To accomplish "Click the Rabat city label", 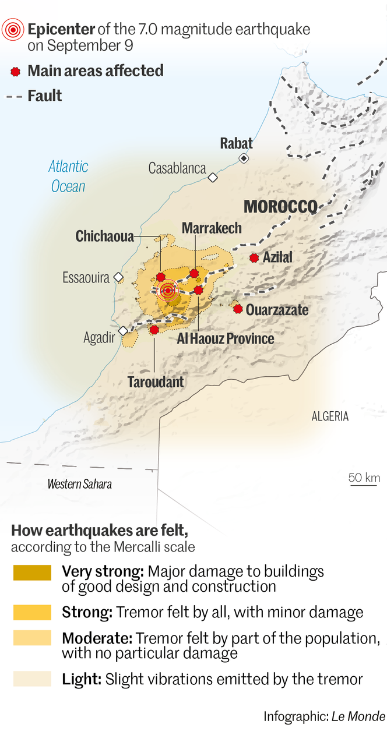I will pos(236,143).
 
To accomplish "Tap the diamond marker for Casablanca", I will pos(213,177).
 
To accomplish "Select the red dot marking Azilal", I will pos(254,257).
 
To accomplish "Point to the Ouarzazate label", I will pos(277,310).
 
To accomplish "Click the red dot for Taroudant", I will pos(154,330).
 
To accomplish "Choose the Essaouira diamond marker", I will pos(118,277).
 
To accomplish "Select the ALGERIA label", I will pos(330,416).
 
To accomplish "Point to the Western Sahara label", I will pos(79,484).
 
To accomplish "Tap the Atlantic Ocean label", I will pos(68,176).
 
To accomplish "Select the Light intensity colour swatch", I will pos(32,679).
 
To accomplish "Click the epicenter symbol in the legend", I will pos(13,29).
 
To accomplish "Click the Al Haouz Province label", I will pos(225,339).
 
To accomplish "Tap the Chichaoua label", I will pos(105,236).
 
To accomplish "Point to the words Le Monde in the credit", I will pos(358,716).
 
